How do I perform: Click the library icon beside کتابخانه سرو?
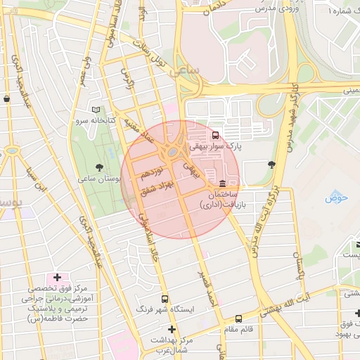(96, 110)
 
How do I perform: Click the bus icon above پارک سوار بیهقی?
(215, 135)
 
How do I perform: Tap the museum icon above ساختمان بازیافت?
(223, 183)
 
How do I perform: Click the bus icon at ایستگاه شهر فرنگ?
(165, 298)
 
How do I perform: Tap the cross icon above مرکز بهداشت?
(171, 329)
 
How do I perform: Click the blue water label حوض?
(336, 198)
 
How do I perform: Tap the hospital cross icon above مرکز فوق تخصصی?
(57, 278)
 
